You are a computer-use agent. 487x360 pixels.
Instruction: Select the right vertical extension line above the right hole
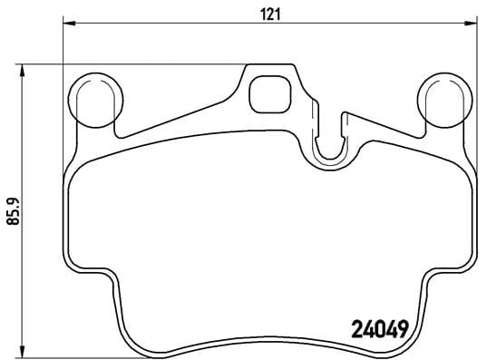pyautogui.click(x=472, y=45)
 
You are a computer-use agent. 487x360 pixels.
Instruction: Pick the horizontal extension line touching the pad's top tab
pyautogui.click(x=136, y=64)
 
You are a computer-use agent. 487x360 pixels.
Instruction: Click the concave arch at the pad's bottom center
pyautogui.click(x=269, y=340)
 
